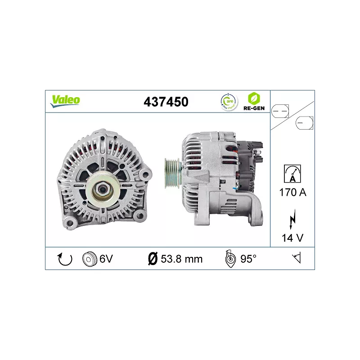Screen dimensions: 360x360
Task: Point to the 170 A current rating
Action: [292, 193]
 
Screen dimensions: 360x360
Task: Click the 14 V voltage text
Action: [292, 238]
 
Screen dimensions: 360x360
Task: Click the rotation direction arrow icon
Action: [65, 259]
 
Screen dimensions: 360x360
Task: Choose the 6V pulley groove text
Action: [106, 259]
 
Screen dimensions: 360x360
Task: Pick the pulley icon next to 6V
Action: [90, 259]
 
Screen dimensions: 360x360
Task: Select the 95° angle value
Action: [248, 259]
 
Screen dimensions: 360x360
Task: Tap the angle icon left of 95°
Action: [230, 259]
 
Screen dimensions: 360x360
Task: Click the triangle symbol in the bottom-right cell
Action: [297, 258]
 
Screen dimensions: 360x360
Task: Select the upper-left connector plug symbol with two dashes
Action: [281, 109]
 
